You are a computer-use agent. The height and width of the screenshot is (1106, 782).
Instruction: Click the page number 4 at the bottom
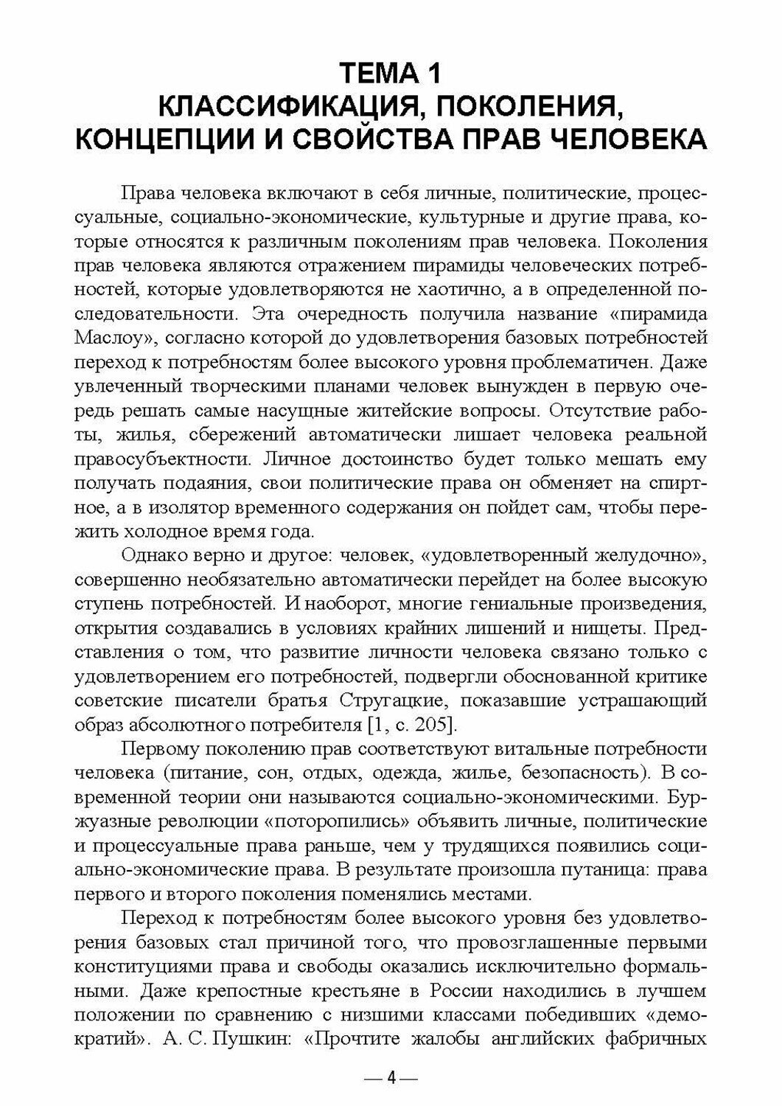(x=391, y=1079)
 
